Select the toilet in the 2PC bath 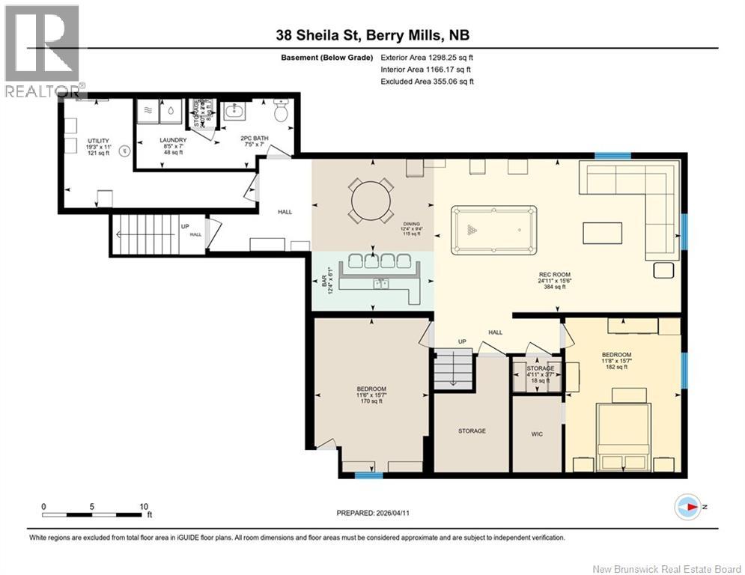(x=282, y=113)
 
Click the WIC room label (x=535, y=431)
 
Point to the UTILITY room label (x=98, y=141)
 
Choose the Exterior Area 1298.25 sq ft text (x=427, y=57)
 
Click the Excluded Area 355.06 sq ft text (x=427, y=82)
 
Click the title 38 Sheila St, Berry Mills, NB (x=372, y=35)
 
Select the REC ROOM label (x=555, y=275)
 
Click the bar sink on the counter (x=382, y=284)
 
